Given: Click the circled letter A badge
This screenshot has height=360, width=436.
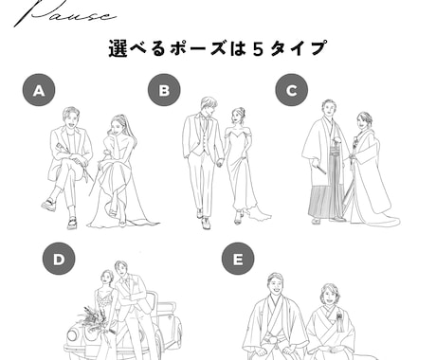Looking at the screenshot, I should click(39, 91).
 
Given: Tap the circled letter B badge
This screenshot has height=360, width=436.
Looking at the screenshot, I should click(164, 91).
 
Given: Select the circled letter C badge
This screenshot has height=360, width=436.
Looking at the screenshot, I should click(291, 91).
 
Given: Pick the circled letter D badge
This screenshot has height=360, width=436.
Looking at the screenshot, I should click(58, 260).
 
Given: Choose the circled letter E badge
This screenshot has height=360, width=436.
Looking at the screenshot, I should click(237, 260).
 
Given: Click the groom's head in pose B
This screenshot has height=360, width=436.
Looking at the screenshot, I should click(208, 106).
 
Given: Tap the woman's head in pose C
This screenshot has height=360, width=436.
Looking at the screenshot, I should click(364, 121).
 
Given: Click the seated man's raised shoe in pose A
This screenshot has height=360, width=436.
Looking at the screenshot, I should click(47, 204).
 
